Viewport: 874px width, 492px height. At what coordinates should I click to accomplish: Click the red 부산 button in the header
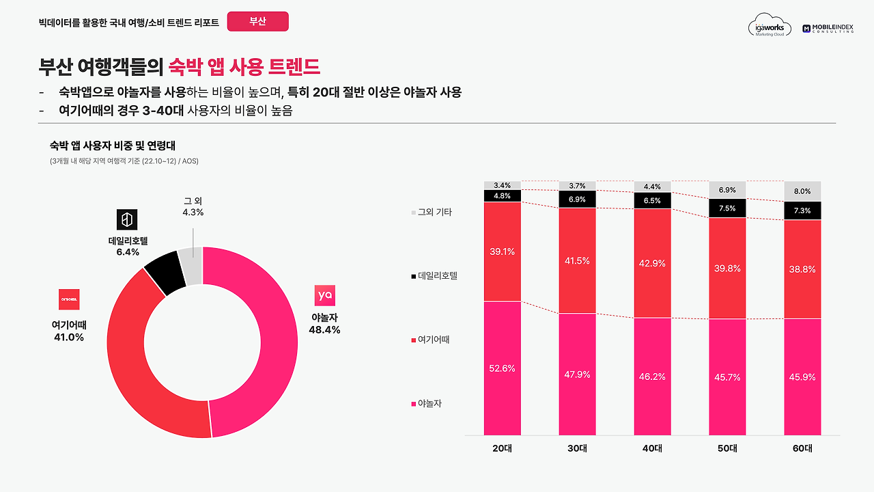(x=257, y=21)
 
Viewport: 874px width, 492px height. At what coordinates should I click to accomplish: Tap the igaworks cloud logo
(x=770, y=27)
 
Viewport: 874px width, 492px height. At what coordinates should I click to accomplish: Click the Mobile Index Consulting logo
(x=828, y=28)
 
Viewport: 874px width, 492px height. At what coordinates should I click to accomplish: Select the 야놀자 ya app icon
(x=325, y=295)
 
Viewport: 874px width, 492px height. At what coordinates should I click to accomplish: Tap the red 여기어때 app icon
(x=69, y=299)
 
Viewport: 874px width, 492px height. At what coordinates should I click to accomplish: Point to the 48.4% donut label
(x=325, y=330)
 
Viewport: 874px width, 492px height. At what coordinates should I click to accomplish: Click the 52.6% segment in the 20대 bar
(x=502, y=368)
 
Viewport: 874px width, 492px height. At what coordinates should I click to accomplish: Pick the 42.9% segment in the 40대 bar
(x=652, y=263)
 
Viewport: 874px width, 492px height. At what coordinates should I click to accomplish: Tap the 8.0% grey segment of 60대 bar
(x=802, y=191)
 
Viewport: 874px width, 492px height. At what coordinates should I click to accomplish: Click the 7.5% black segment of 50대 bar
(x=727, y=208)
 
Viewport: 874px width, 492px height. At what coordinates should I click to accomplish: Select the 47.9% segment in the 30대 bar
(x=577, y=374)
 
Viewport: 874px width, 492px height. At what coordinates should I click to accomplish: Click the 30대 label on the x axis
(x=577, y=449)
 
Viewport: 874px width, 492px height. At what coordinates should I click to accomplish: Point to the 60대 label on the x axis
(x=802, y=449)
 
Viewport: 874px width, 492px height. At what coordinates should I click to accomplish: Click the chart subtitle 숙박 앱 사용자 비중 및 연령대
(x=113, y=145)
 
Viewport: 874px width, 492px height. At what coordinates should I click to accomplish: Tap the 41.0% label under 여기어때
(x=69, y=337)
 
